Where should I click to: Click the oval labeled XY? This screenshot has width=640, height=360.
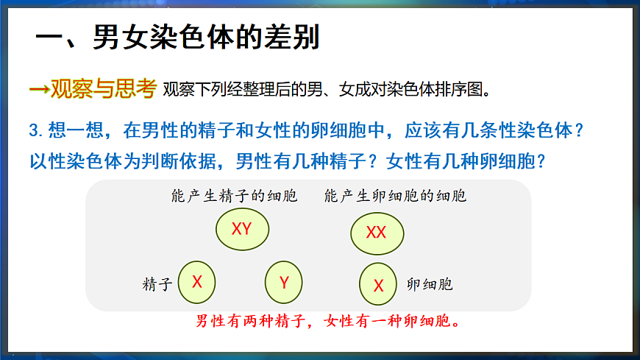242,229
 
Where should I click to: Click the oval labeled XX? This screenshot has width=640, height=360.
376,233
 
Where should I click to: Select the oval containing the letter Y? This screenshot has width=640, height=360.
284,282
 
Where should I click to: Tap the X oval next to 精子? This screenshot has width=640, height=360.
197,281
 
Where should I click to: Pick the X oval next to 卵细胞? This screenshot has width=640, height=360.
379,285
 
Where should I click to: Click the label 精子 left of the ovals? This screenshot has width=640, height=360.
157,285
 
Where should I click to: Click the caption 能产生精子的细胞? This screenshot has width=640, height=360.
234,197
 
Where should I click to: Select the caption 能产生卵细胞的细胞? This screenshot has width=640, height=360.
395,197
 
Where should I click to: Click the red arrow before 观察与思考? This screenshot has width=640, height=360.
38,89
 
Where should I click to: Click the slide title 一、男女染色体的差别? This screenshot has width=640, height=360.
177,37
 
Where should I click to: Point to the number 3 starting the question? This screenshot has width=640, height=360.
33,131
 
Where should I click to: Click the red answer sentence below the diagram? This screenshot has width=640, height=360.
328,322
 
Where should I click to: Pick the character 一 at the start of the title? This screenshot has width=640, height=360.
51,37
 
